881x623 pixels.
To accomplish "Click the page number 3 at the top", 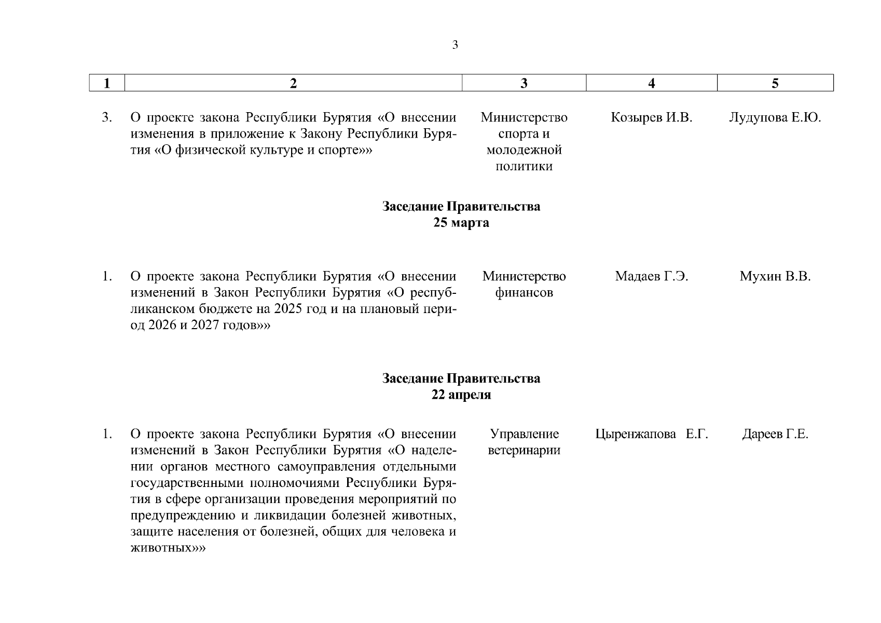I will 455,45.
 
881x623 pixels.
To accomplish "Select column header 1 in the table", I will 107,83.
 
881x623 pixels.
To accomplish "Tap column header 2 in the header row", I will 293,83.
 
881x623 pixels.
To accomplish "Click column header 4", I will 652,83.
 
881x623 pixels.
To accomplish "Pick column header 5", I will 775,83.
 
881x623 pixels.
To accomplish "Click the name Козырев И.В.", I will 652,118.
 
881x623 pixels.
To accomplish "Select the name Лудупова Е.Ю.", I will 775,118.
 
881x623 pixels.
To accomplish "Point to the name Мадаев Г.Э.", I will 652,276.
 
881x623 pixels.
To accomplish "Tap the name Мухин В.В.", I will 775,276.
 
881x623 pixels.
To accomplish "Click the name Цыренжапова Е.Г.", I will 652,434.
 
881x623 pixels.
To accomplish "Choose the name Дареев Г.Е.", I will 775,434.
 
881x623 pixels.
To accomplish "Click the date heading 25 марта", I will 461,223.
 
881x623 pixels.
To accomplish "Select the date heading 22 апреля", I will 461,395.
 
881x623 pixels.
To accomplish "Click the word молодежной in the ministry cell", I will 524,151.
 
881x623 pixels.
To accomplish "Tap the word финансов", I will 524,293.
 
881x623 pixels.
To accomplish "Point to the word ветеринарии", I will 524,450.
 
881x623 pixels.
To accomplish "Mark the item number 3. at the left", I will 107,118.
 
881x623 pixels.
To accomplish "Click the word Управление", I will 524,434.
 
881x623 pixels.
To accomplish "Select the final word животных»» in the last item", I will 168,548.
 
